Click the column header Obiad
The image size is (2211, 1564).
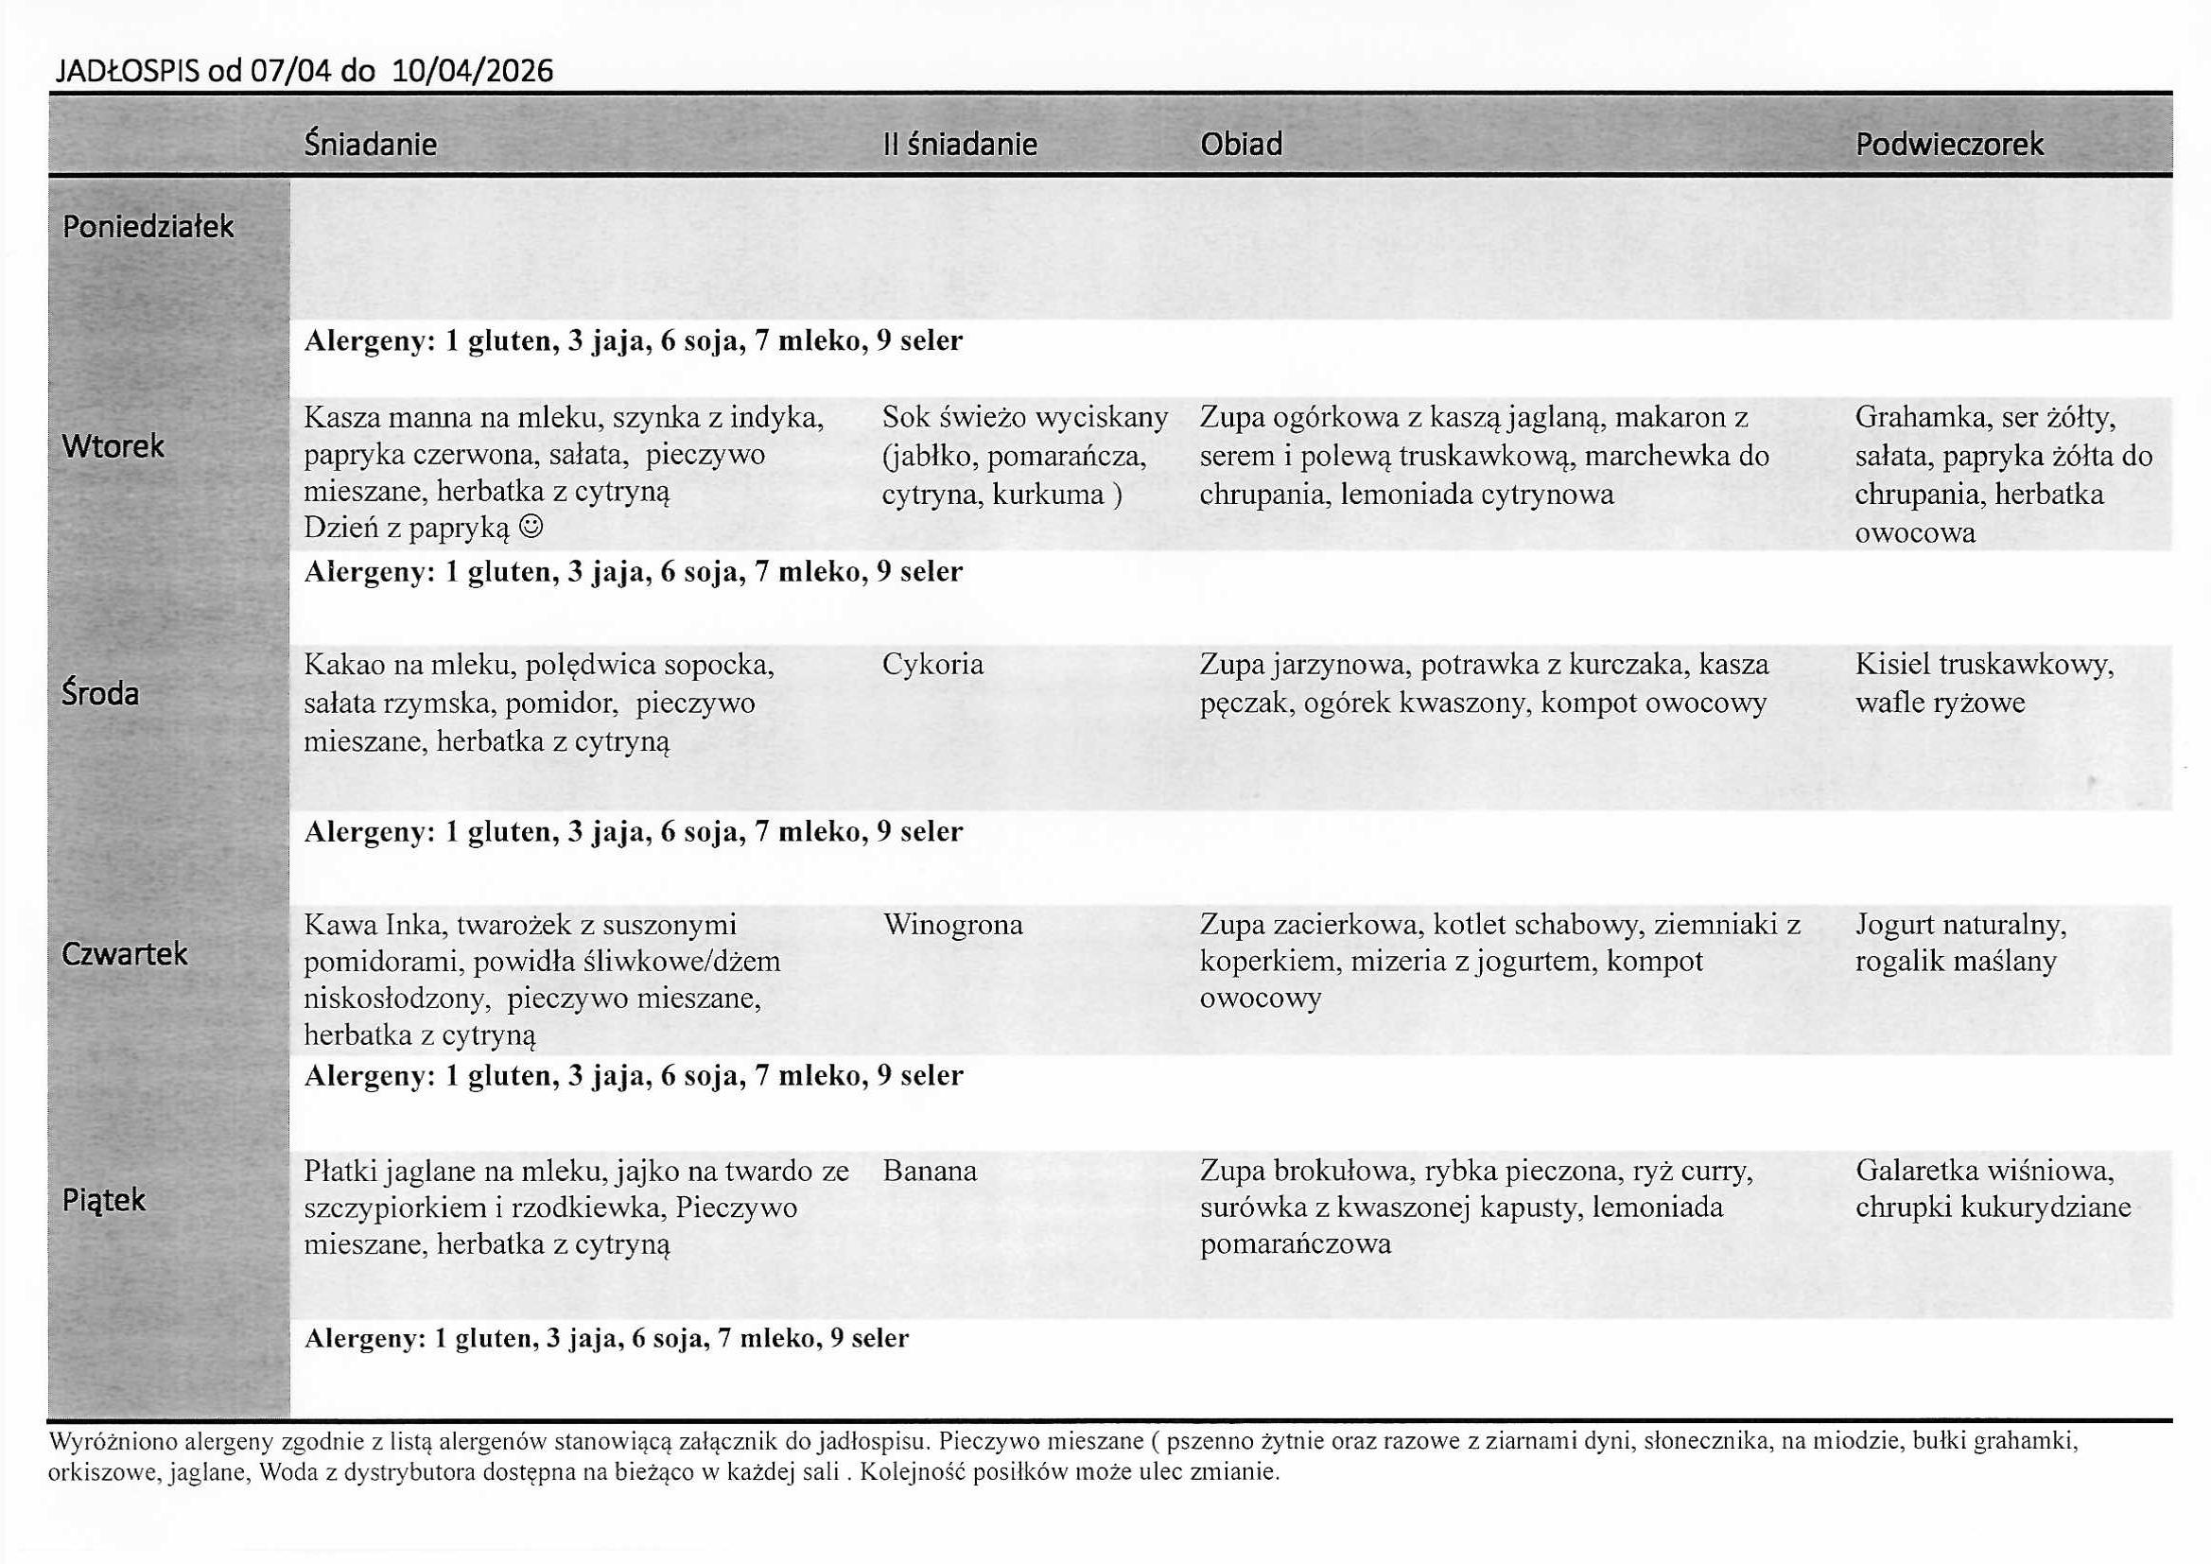coord(1241,145)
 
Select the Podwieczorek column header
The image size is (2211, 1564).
coord(1948,145)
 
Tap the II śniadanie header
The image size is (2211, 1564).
coord(959,145)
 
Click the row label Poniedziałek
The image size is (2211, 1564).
coord(148,226)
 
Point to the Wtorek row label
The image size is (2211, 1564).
coord(113,446)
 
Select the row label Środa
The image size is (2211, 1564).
coord(100,693)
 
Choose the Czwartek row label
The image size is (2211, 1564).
coord(124,954)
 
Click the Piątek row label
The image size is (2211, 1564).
coord(104,1200)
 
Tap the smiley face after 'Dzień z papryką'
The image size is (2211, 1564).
coord(531,528)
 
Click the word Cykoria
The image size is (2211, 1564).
coord(932,665)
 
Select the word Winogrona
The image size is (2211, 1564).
coord(952,925)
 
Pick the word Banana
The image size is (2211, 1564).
coord(930,1171)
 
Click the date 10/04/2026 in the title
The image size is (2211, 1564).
coord(473,71)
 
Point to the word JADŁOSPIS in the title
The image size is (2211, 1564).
coord(126,71)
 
